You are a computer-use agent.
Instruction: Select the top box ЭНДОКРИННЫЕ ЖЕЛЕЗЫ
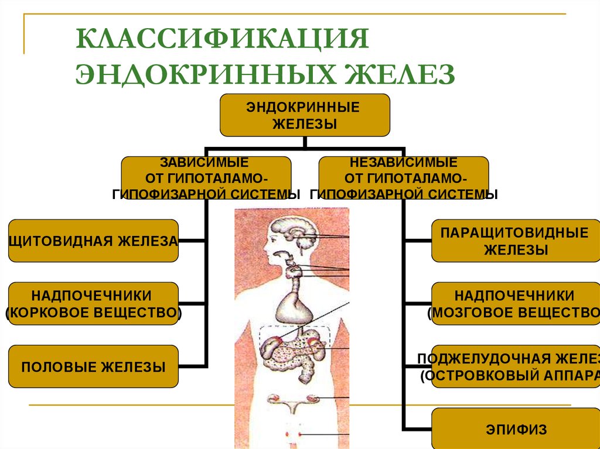[x=305, y=115]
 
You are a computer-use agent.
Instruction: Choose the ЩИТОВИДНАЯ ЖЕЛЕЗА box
[x=93, y=241]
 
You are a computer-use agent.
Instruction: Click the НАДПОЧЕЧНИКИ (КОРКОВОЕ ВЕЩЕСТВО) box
[x=93, y=303]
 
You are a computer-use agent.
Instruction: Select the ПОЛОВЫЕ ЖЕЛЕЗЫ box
[x=93, y=367]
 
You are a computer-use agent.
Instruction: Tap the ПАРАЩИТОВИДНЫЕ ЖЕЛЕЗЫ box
[x=516, y=241]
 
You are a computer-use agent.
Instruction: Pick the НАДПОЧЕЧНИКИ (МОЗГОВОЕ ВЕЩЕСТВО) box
[x=516, y=303]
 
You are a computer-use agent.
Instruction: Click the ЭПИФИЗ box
[x=516, y=430]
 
